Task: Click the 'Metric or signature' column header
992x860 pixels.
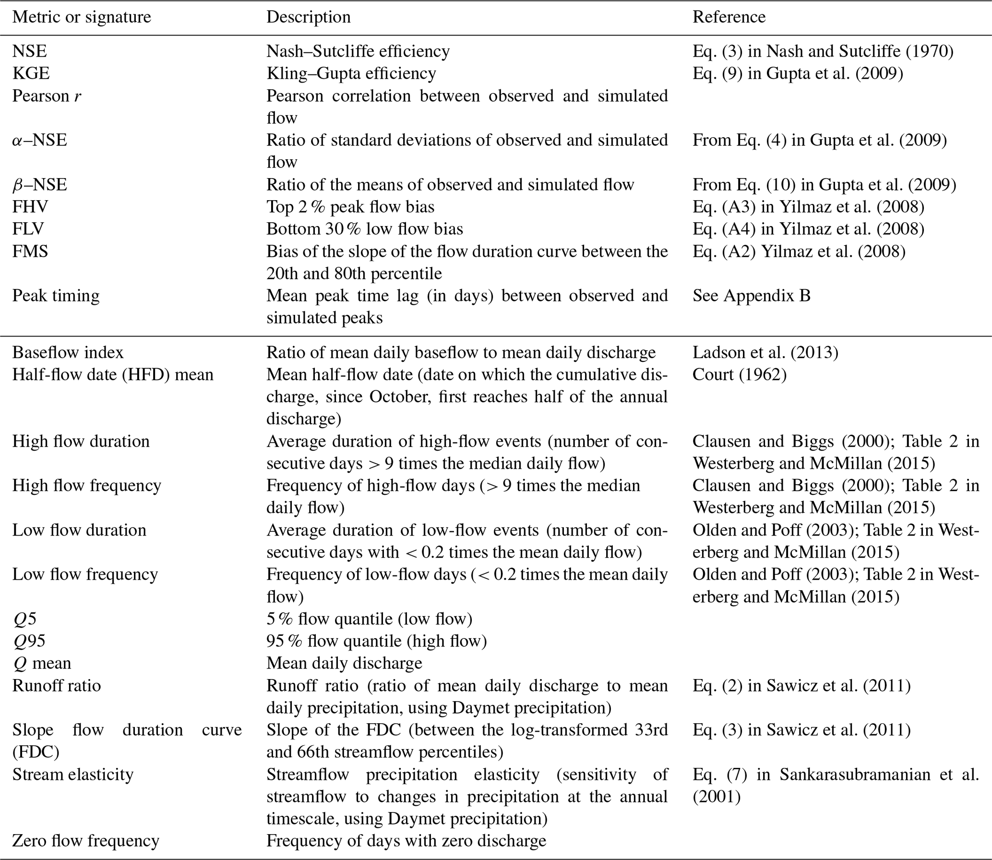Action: [82, 17]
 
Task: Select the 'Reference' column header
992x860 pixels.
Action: [729, 17]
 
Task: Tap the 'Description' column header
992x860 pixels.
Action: [308, 17]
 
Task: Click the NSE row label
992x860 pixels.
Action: [29, 51]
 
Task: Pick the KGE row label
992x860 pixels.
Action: [31, 73]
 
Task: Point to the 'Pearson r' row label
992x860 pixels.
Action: [47, 96]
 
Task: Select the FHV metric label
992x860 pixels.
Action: [30, 207]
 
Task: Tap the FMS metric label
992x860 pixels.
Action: [30, 251]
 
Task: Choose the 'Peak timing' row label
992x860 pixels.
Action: [56, 296]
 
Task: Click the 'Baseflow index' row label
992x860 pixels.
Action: [68, 353]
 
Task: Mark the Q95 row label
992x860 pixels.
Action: [29, 641]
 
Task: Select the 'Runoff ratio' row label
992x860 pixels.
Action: [57, 686]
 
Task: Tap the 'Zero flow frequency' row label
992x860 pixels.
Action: [85, 841]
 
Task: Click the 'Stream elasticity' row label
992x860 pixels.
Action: [72, 775]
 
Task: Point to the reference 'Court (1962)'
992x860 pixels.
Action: [739, 375]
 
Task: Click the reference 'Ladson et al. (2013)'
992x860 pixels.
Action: [765, 353]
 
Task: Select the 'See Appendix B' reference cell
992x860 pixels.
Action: [751, 296]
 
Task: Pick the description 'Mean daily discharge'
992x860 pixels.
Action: [344, 663]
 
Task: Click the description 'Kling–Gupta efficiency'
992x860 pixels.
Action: [351, 73]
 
